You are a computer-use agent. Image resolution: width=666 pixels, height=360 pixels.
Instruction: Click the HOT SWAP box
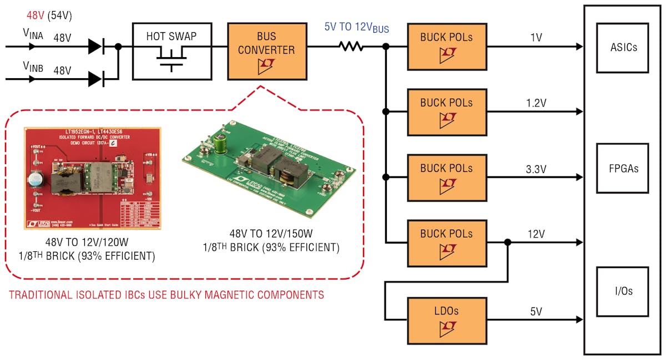click(171, 51)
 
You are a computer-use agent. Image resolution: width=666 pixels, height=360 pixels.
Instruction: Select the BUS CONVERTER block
click(267, 51)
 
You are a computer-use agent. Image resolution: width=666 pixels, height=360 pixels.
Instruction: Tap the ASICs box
click(622, 48)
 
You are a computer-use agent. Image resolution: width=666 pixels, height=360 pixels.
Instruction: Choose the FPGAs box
click(622, 169)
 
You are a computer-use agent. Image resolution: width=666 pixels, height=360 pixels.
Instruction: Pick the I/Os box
click(622, 291)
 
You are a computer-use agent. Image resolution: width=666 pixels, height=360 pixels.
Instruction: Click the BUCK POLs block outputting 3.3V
click(447, 177)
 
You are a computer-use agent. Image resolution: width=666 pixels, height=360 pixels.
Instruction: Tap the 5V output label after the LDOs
click(536, 312)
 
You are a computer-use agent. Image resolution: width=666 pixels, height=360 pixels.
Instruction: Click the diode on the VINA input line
click(96, 47)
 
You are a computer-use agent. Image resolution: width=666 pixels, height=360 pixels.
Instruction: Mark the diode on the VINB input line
click(96, 79)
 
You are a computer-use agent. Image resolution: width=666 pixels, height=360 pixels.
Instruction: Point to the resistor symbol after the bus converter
click(351, 47)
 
